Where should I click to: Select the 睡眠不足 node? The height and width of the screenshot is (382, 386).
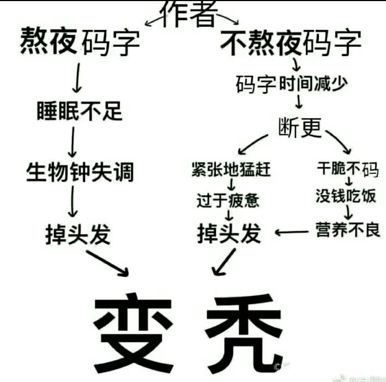click(80, 111)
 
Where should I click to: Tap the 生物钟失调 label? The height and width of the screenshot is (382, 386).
click(80, 172)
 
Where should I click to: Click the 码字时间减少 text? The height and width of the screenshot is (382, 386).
click(292, 84)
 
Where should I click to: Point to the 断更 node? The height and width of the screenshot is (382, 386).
click(300, 128)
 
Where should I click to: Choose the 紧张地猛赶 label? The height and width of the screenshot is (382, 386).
click(231, 169)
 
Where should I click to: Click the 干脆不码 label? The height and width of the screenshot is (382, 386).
click(347, 169)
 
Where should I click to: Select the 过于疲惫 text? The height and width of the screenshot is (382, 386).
click(228, 200)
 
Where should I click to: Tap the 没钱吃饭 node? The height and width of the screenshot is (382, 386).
click(346, 196)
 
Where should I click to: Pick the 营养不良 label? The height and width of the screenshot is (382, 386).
click(348, 229)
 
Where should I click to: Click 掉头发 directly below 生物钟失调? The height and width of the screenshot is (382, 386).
click(78, 234)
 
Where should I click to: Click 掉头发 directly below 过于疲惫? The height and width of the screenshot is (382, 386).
click(229, 233)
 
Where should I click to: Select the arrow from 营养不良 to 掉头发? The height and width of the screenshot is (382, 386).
click(292, 232)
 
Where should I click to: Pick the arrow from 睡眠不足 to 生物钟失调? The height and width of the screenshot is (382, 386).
click(73, 142)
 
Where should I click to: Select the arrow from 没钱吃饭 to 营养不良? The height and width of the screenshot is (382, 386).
click(348, 212)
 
